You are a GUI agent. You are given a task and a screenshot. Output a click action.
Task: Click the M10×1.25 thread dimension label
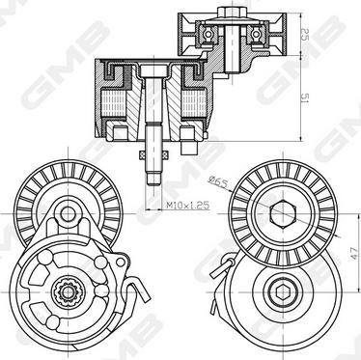tap(188, 205)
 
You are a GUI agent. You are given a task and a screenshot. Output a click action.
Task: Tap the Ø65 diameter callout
tap(218, 181)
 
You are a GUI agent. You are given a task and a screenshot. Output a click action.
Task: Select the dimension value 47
tap(354, 253)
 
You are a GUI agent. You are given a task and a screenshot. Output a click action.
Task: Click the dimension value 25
tap(305, 35)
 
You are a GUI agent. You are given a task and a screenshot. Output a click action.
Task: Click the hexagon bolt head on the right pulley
tap(283, 213)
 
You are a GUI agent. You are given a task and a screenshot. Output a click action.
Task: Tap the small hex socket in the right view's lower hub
tap(283, 293)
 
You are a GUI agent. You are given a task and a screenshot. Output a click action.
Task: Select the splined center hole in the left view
tap(68, 292)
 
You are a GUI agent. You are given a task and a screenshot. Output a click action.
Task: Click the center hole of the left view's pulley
tap(68, 214)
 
